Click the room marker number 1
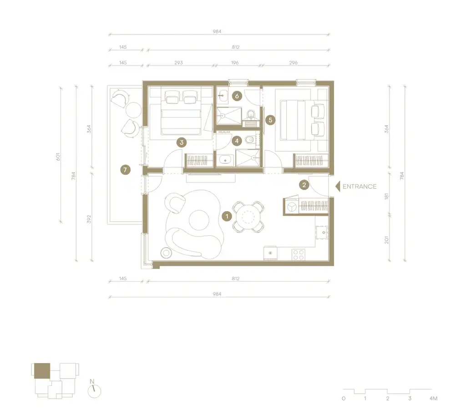pos(226,216)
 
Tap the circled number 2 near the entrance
pos(304,185)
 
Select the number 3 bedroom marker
pos(181,142)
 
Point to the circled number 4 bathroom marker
pos(237,141)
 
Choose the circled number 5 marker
pos(271,120)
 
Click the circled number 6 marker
pos(236,96)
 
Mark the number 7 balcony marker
pos(125,170)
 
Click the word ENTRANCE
pos(360,186)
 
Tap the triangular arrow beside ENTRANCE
pos(338,186)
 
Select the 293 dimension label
pos(178,62)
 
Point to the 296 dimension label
pos(293,62)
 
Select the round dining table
pos(248,216)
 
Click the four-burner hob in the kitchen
pos(299,254)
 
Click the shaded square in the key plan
pos(41,370)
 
